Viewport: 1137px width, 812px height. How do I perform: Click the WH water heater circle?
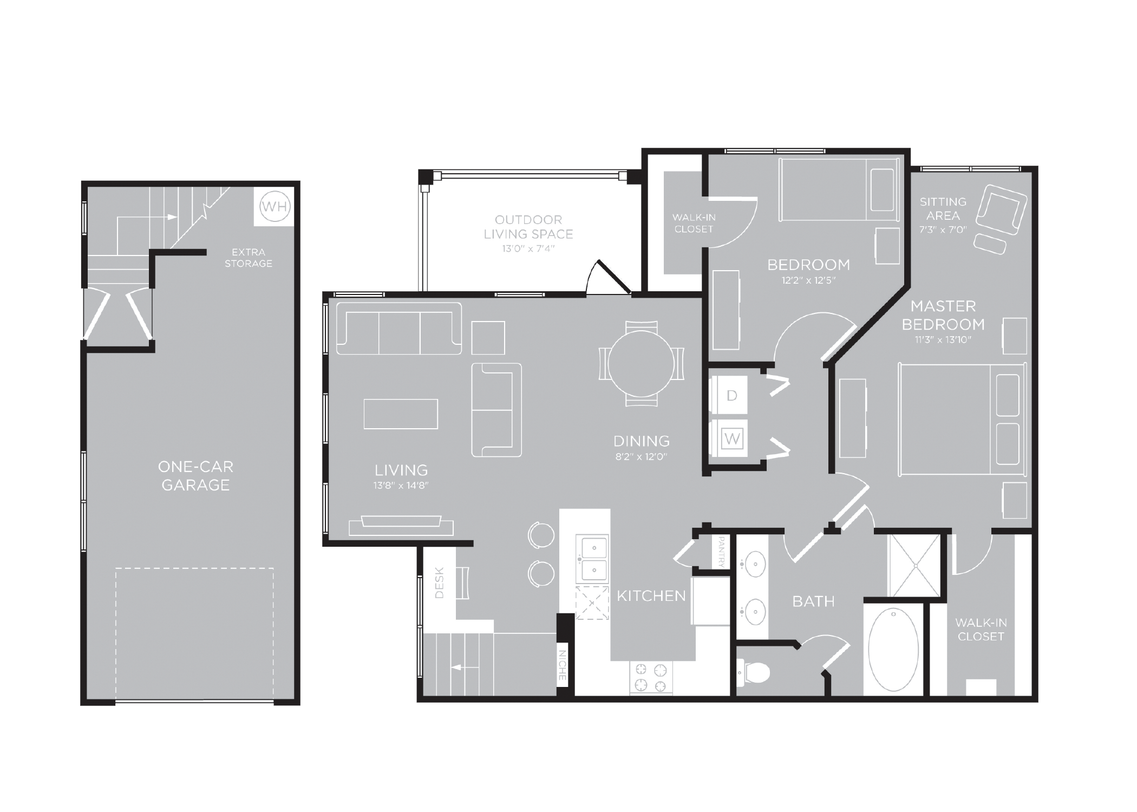pos(275,206)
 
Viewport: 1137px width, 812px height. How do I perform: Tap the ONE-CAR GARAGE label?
pos(195,476)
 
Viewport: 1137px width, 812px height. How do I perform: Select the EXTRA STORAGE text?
pos(249,258)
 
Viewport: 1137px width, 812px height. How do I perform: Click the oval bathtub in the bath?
pos(893,650)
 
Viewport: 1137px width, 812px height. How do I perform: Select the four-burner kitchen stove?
pos(651,678)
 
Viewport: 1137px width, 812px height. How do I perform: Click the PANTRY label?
pos(721,552)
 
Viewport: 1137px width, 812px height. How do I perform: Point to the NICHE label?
pos(562,665)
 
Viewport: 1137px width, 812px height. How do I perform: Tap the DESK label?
pos(439,582)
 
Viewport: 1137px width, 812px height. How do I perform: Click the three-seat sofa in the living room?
pos(399,329)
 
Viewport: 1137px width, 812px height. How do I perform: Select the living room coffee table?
pos(401,414)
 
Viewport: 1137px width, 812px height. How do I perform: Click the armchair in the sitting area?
pos(1002,210)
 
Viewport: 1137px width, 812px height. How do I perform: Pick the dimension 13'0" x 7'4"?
pos(528,248)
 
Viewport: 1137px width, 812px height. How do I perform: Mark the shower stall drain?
pos(915,566)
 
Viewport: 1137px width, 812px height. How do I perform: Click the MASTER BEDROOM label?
pos(943,315)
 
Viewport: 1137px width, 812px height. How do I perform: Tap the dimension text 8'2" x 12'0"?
pos(641,456)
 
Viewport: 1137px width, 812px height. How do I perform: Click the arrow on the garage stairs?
pos(147,217)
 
